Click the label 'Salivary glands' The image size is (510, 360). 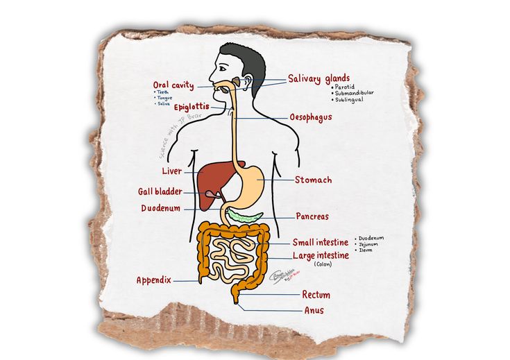click(319, 78)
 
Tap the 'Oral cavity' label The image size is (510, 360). click(173, 85)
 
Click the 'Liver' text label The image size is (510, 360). click(171, 171)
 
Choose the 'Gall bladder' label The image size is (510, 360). click(160, 191)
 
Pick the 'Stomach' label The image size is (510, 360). click(313, 180)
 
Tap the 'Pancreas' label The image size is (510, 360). click(312, 216)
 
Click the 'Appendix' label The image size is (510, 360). click(153, 280)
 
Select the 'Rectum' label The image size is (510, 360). click(316, 295)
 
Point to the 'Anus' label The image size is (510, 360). click(314, 310)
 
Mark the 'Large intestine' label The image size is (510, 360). click(321, 255)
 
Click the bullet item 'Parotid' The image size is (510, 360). click(344, 87)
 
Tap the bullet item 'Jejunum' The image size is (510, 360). click(370, 243)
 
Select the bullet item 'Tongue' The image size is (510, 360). click(164, 98)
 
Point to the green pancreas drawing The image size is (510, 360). click(244, 216)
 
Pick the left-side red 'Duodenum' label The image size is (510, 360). click(161, 208)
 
